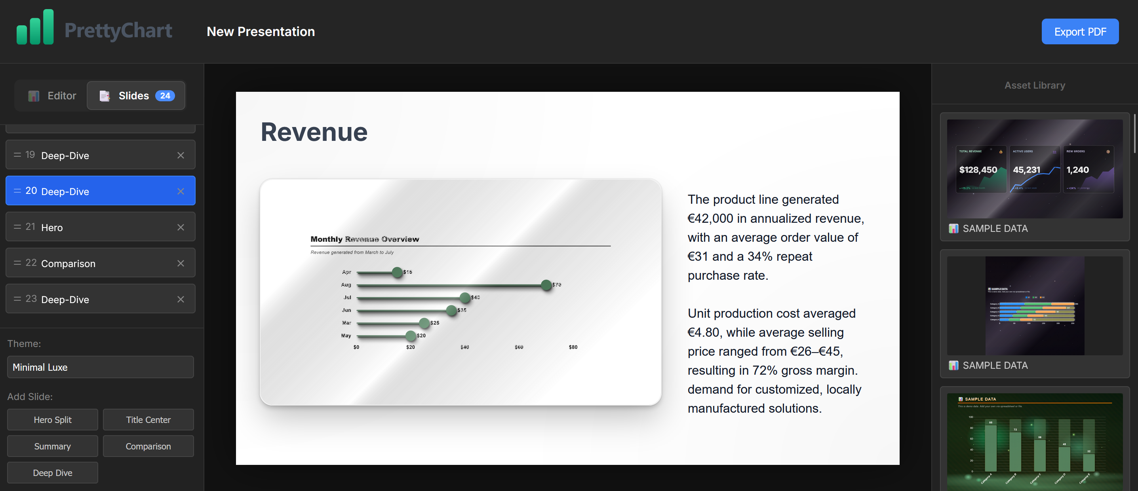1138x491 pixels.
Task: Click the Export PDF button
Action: tap(1080, 31)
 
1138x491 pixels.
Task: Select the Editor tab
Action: tap(53, 95)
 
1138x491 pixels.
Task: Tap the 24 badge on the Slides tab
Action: tap(165, 95)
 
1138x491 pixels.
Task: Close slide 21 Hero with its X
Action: tap(181, 227)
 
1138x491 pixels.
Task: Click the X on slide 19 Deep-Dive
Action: tap(181, 155)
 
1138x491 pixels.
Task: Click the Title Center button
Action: tap(148, 419)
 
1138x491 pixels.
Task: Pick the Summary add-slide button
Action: tap(53, 446)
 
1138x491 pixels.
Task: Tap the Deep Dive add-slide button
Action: tap(53, 472)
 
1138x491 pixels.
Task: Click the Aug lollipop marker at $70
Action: tap(546, 285)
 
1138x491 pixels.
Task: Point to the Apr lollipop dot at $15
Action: tap(397, 272)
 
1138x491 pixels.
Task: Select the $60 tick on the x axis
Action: tap(519, 347)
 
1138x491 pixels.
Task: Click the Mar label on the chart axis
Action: tap(346, 323)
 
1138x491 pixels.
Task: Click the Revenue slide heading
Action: tap(314, 132)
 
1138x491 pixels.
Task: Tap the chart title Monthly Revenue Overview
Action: tap(364, 239)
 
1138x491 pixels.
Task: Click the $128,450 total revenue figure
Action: tap(978, 170)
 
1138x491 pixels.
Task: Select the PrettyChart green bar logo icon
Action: tap(35, 27)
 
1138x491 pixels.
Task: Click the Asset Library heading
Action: tap(1034, 85)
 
